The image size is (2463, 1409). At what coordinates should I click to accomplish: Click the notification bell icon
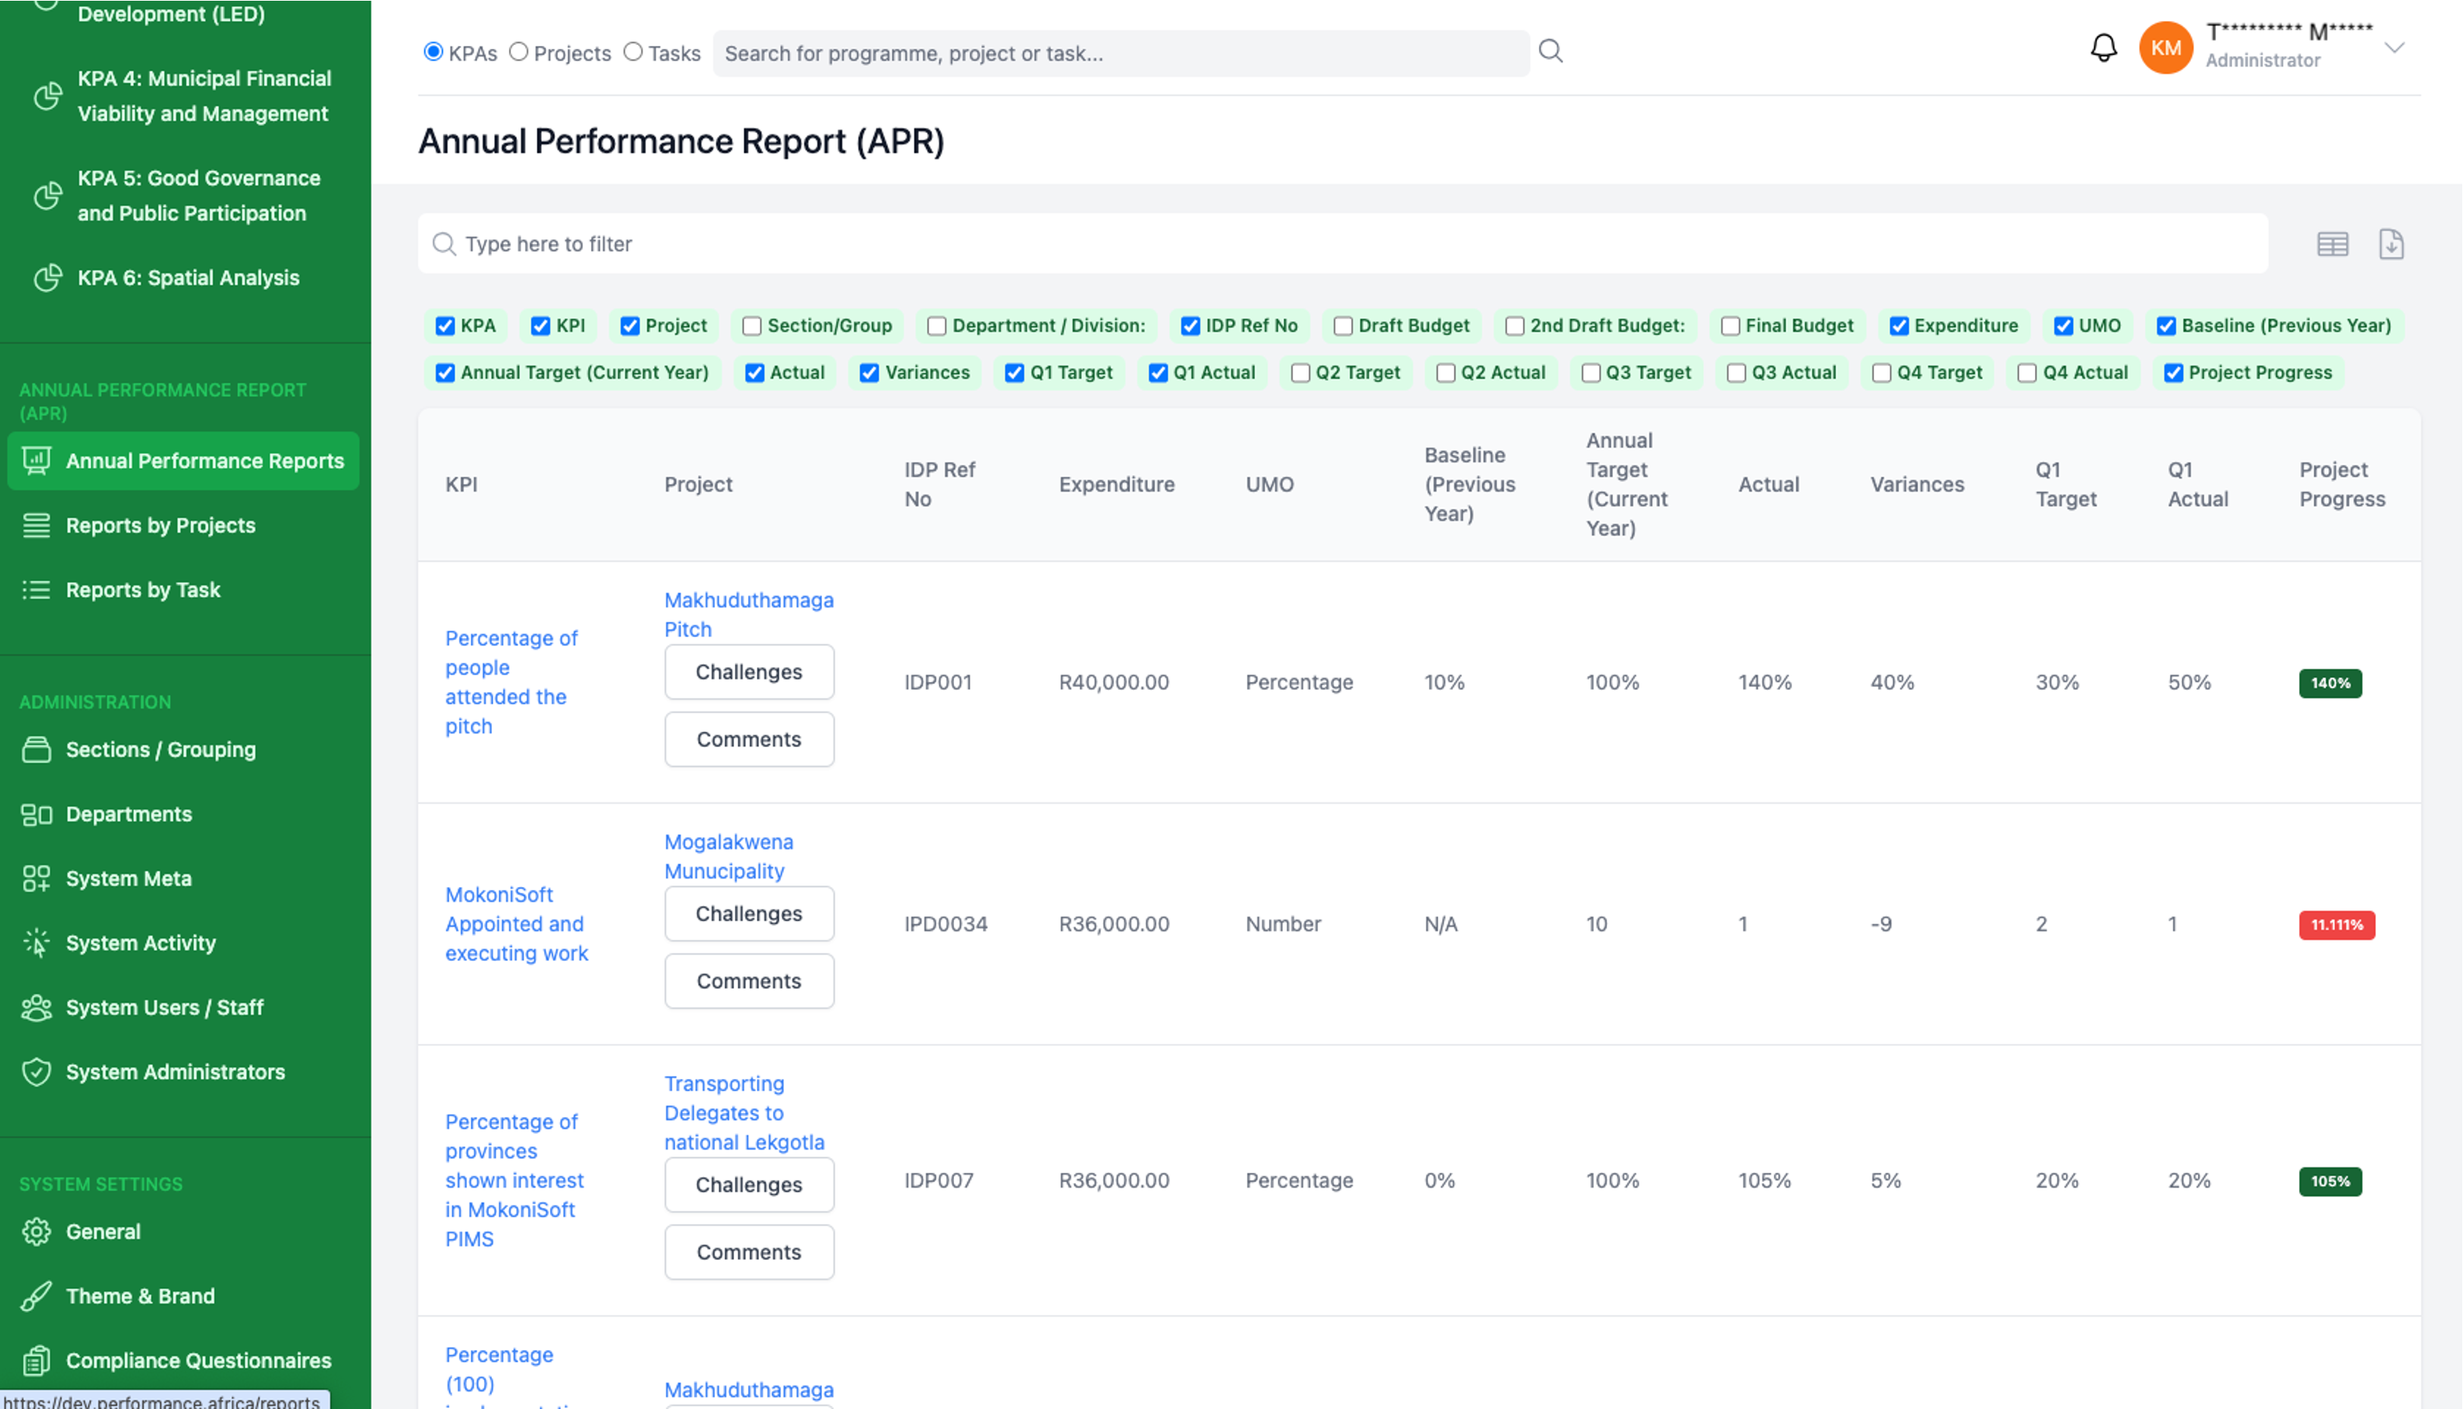[2103, 47]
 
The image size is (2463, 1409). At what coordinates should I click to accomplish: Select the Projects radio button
[519, 52]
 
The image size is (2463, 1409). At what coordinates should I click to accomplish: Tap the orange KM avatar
[2165, 47]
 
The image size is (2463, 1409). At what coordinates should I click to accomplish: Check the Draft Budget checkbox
[1343, 326]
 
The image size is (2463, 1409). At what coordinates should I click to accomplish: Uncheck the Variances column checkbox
[869, 373]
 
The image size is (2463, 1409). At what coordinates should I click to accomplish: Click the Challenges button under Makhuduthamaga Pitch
[749, 672]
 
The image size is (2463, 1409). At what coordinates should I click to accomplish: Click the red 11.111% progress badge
[2336, 924]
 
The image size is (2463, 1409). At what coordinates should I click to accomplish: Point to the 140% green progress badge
[2330, 684]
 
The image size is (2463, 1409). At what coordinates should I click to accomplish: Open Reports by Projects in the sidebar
[161, 526]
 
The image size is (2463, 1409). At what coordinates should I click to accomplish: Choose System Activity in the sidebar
[141, 942]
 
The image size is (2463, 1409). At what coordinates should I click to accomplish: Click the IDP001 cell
[938, 682]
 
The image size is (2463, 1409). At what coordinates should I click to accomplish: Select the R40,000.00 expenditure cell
[1114, 682]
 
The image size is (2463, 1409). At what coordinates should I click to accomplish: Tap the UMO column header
[1270, 484]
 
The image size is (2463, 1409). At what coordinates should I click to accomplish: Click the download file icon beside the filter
[2392, 244]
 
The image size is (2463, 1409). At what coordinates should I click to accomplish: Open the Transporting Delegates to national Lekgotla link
[744, 1113]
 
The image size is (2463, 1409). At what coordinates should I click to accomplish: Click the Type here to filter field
[1343, 244]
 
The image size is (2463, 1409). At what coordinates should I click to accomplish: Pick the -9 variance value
[1881, 924]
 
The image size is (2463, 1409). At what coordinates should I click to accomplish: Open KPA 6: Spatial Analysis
[189, 278]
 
